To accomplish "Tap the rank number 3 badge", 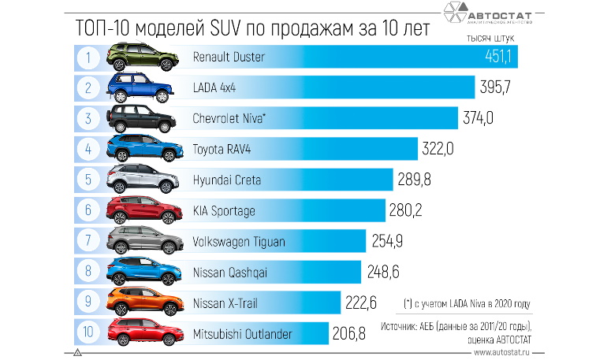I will coord(90,118).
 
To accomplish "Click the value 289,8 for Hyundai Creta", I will coord(415,180).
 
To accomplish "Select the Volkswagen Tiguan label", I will coord(239,242).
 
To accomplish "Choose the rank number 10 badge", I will coord(90,334).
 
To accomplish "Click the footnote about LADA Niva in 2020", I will coord(467,302).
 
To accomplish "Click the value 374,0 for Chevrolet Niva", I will coord(479,118).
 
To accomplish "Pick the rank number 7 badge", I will coord(90,241).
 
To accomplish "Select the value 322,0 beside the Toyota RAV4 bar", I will coord(440,149).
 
